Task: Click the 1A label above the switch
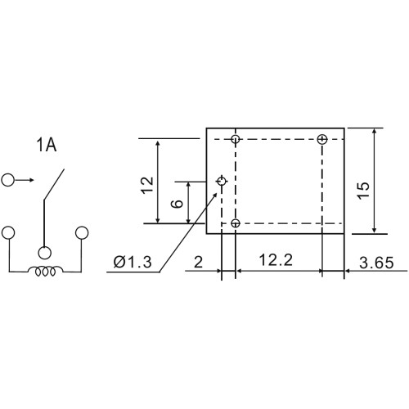(47, 145)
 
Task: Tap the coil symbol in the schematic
(45, 271)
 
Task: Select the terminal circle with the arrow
(7, 180)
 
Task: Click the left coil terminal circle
(8, 232)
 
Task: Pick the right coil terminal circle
(82, 232)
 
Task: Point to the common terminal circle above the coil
(45, 253)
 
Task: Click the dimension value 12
(148, 186)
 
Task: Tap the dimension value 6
(178, 204)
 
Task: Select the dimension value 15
(364, 190)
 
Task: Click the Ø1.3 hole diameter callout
(133, 263)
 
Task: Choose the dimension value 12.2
(276, 259)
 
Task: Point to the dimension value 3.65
(376, 263)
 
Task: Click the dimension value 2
(198, 263)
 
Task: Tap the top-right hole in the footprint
(322, 139)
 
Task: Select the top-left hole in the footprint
(236, 139)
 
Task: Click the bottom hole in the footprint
(236, 223)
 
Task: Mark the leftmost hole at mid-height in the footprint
(222, 181)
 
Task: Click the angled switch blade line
(54, 184)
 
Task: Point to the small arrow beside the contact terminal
(24, 180)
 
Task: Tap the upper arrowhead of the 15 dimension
(375, 131)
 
